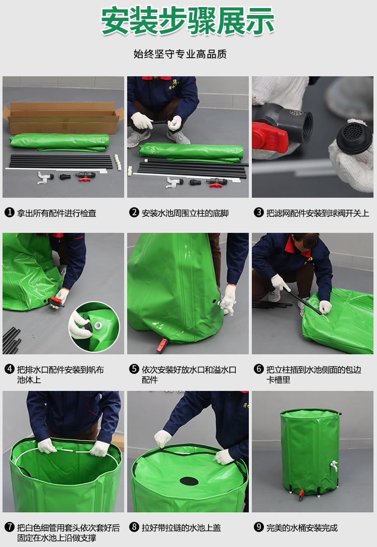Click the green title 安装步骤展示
pyautogui.click(x=187, y=21)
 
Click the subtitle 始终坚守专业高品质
pyautogui.click(x=180, y=54)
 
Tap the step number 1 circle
pyautogui.click(x=10, y=212)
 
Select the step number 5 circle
pyautogui.click(x=134, y=369)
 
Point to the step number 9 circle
pyautogui.click(x=258, y=527)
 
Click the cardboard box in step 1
pyautogui.click(x=63, y=117)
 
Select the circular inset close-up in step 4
pyautogui.click(x=95, y=327)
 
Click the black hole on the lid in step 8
pyautogui.click(x=189, y=481)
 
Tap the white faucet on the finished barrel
pyautogui.click(x=334, y=465)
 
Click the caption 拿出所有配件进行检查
pyautogui.click(x=57, y=213)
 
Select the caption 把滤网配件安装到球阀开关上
pyautogui.click(x=318, y=213)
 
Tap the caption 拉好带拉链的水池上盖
pyautogui.click(x=181, y=527)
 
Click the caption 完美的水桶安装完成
pyautogui.click(x=302, y=527)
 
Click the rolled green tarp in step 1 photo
pyautogui.click(x=59, y=143)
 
